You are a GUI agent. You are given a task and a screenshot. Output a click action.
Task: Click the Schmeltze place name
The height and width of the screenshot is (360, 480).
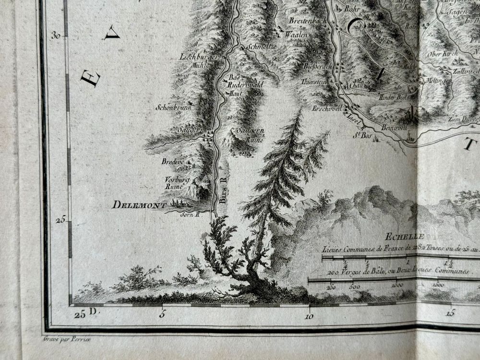point(261,47)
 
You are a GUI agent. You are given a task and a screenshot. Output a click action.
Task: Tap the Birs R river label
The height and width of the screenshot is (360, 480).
point(222,194)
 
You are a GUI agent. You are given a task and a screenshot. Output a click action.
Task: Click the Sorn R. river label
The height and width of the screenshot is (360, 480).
point(189,215)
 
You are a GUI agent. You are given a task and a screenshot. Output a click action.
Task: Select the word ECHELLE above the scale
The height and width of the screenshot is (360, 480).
point(404,236)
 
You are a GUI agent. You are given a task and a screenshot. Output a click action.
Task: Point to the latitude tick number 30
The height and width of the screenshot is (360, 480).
point(56,35)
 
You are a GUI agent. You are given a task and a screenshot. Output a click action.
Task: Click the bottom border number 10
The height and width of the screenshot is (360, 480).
point(309,316)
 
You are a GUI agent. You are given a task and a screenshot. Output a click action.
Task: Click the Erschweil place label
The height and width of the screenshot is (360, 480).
point(326,108)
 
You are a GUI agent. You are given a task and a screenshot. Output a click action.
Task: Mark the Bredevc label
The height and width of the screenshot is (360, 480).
point(172,162)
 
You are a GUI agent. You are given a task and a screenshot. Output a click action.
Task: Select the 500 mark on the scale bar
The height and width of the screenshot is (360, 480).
point(354,287)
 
